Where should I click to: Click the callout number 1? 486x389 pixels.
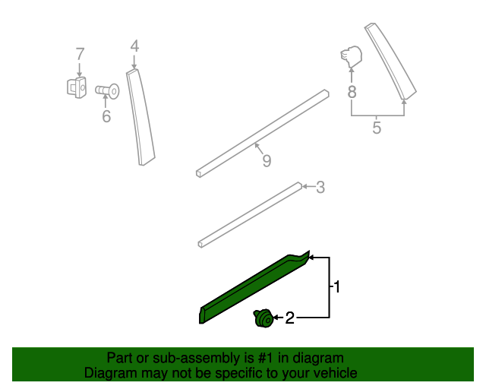point(337,286)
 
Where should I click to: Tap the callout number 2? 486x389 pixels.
point(289,318)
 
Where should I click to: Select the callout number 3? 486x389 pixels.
point(320,187)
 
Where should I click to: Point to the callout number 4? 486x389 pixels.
point(134,46)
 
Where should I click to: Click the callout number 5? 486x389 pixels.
point(377,128)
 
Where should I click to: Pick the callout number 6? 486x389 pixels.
point(106,116)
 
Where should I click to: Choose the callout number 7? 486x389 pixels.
point(80,54)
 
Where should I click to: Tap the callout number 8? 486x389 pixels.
point(352,92)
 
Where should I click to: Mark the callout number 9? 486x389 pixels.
point(267,160)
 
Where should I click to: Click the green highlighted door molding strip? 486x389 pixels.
point(254,287)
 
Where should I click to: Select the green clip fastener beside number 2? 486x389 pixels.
point(264,318)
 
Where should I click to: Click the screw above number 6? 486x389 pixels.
point(107,91)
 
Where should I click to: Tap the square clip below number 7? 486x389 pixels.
point(77,87)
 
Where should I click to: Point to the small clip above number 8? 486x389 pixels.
point(351,57)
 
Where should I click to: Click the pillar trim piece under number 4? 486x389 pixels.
point(140,117)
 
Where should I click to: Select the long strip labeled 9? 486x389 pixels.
point(262,134)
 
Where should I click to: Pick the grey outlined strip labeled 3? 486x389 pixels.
point(250,215)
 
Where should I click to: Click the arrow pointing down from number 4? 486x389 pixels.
point(134,62)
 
